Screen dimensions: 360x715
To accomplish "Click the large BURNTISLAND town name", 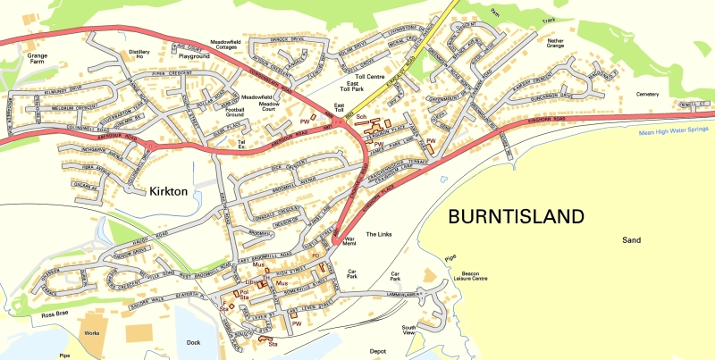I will pos(516,216).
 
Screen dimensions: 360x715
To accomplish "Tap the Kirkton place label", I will pos(147,191).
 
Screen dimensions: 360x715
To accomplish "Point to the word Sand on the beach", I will pos(632,240).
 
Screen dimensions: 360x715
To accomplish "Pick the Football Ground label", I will pos(235,112).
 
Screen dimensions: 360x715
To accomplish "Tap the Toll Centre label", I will pos(362,78).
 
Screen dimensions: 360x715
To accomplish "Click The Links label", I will pos(379,233).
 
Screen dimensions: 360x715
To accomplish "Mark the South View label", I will pos(408,330).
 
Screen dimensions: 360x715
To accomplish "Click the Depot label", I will pos(377,351).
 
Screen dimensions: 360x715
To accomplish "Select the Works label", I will pos(91,332).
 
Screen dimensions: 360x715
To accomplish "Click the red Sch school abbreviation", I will pos(361,118).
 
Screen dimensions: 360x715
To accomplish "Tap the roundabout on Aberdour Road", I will pos(151,146).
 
